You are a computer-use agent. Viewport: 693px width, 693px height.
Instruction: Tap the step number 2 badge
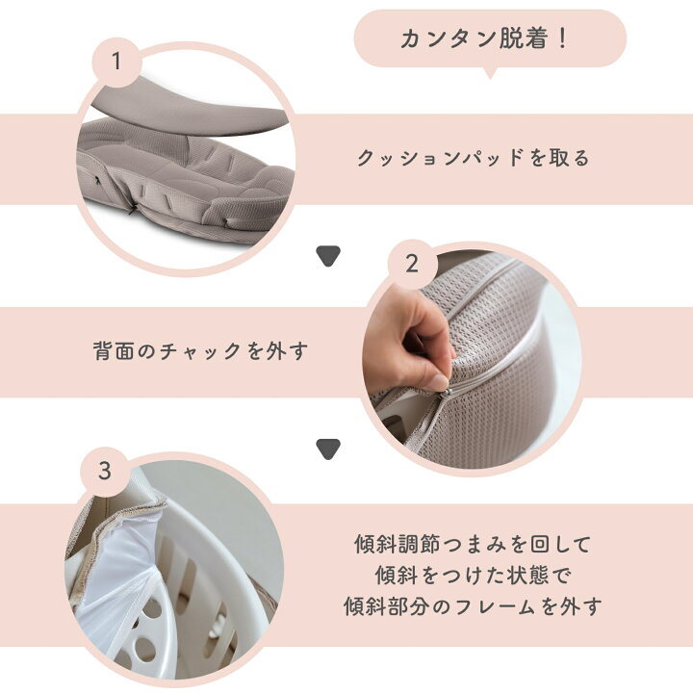click(412, 264)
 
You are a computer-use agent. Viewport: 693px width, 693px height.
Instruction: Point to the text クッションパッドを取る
click(473, 159)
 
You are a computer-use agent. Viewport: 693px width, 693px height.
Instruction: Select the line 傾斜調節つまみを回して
click(472, 544)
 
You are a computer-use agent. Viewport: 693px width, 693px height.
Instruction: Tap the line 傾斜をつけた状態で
click(472, 576)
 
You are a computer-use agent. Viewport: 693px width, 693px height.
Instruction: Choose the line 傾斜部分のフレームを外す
click(472, 607)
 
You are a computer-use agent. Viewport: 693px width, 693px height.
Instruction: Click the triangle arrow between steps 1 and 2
click(329, 256)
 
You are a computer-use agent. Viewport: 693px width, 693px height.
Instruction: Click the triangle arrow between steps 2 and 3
click(329, 449)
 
